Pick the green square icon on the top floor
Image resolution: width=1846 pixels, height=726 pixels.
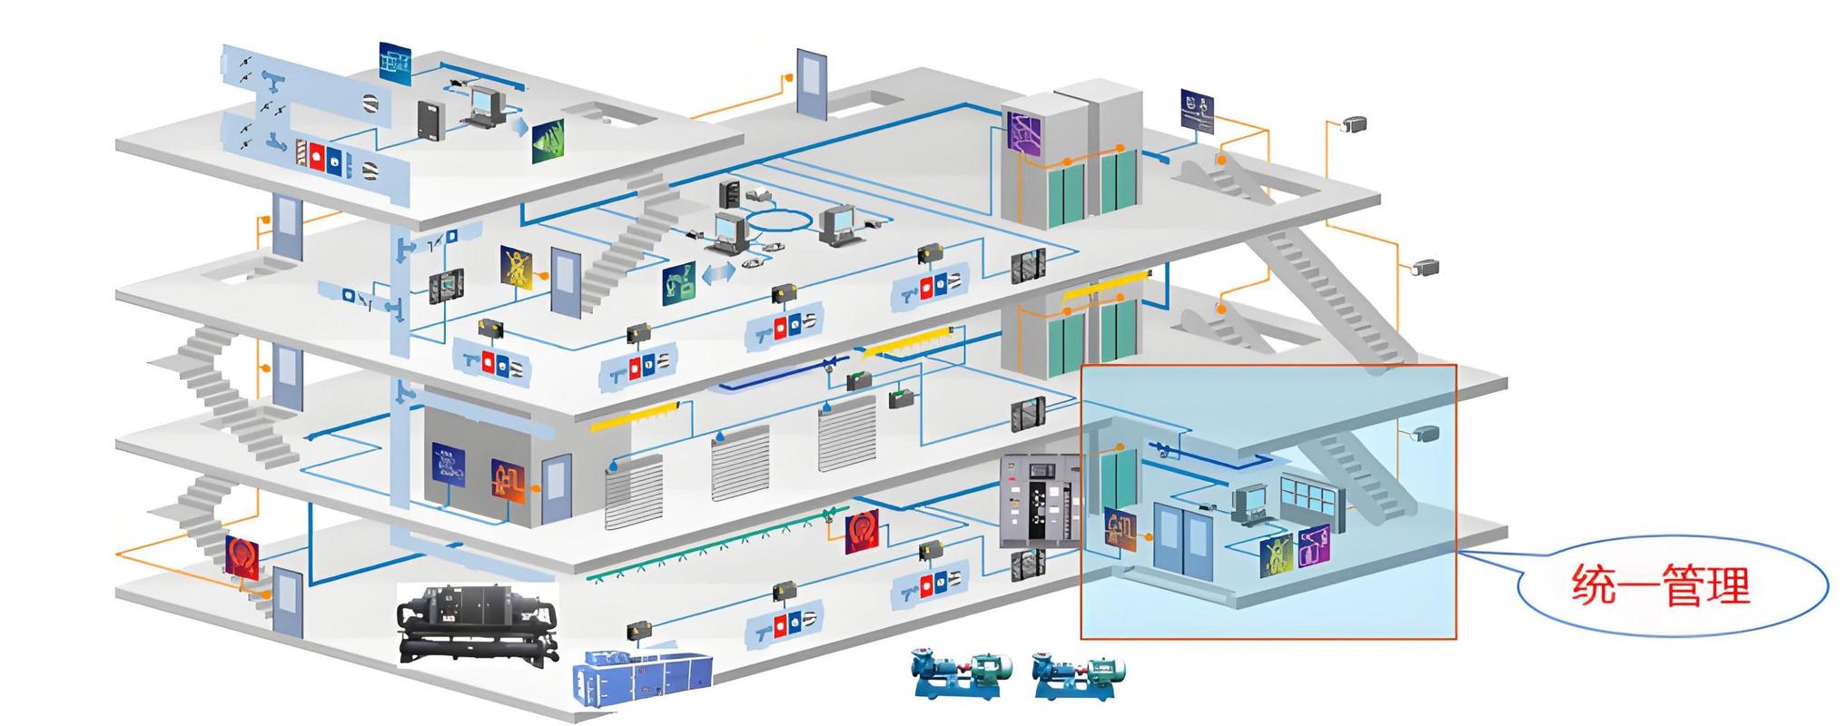547,142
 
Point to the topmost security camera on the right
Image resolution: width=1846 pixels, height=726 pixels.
1353,124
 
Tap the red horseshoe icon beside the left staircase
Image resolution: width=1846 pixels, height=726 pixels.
242,555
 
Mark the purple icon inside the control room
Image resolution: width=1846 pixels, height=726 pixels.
1313,546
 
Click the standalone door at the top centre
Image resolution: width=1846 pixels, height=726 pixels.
812,83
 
